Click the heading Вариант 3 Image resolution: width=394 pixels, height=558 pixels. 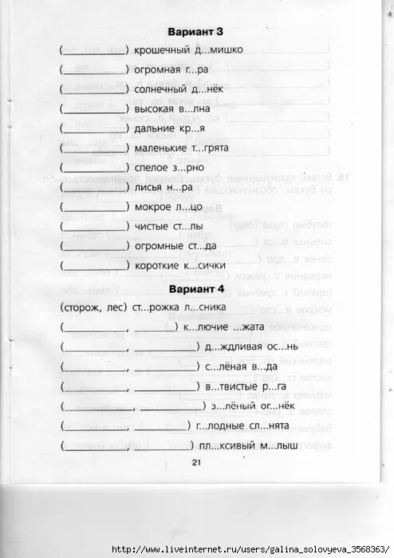tap(196, 31)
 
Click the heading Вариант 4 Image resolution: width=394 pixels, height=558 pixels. tap(196, 288)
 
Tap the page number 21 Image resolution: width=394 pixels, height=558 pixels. tap(197, 462)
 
